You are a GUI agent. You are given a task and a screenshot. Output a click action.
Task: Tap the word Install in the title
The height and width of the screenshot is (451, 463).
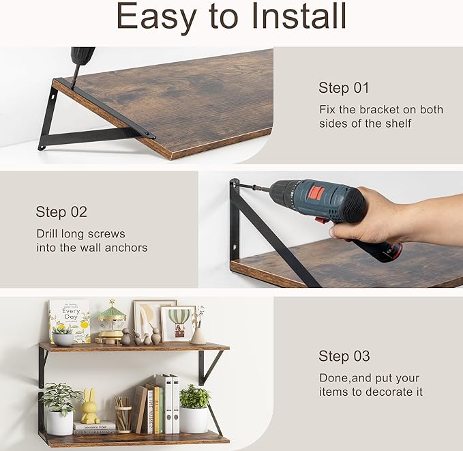tap(297, 18)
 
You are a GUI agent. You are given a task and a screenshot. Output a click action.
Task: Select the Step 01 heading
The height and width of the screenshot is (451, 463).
tap(344, 88)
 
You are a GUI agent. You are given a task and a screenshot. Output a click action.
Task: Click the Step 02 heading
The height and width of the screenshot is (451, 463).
tap(61, 212)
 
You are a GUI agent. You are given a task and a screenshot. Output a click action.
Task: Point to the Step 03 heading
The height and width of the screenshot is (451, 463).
tap(344, 356)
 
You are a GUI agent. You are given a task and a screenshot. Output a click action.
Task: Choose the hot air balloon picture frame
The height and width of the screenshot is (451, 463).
tap(179, 322)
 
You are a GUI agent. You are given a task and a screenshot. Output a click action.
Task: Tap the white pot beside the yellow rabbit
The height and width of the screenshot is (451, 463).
tap(60, 420)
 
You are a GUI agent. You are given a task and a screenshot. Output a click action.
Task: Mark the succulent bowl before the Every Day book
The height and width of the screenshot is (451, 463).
tap(63, 337)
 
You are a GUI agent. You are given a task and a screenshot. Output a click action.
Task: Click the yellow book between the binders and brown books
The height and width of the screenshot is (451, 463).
tap(155, 411)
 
